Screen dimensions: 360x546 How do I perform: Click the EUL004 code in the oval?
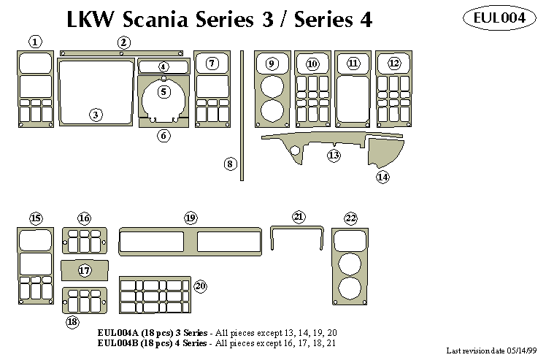[x=499, y=19]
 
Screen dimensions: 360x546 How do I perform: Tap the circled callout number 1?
[x=35, y=41]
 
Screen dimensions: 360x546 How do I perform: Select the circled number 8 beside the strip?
[x=230, y=164]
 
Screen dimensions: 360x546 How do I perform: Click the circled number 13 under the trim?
[x=334, y=156]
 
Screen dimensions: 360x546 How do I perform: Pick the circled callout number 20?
[x=201, y=286]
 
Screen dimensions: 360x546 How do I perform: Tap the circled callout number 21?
[x=299, y=217]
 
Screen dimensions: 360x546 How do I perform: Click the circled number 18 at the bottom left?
[x=72, y=321]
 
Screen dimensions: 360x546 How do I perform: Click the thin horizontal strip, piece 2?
[x=121, y=53]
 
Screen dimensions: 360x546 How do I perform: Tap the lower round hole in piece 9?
[x=271, y=112]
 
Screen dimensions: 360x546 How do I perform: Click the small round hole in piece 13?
[x=296, y=150]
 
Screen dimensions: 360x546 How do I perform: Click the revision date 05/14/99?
[x=522, y=351]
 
